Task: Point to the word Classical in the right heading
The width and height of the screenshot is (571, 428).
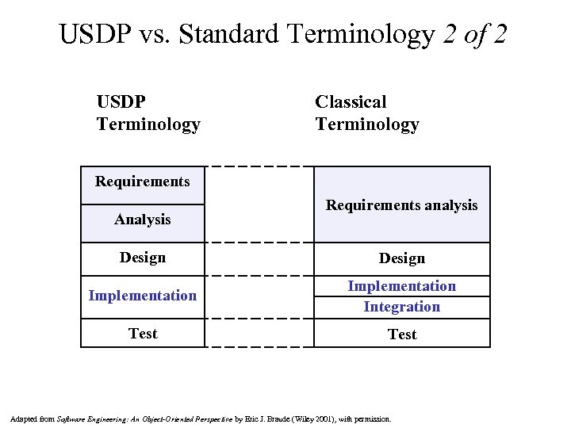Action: tap(351, 102)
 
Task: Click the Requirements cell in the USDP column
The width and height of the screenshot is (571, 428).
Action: tap(143, 182)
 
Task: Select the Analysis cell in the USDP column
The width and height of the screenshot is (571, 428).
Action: tap(143, 220)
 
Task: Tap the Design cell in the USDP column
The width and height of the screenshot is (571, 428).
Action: tap(143, 258)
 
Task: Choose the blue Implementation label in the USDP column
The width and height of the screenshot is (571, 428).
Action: tap(143, 296)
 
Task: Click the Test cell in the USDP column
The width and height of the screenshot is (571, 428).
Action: tap(143, 334)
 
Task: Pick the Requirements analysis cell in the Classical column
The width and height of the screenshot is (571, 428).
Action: tap(401, 205)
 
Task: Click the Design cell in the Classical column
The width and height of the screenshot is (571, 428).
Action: tap(401, 258)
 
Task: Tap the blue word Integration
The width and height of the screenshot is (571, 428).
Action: tap(401, 307)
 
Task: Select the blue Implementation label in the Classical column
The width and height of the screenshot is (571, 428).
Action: tap(401, 286)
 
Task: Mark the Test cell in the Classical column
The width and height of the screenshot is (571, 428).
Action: tap(401, 334)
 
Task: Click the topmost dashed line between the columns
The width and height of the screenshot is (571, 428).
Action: tap(259, 166)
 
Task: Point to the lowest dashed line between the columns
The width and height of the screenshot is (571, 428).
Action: tap(259, 347)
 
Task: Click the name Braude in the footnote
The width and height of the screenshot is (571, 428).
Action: tap(282, 418)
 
